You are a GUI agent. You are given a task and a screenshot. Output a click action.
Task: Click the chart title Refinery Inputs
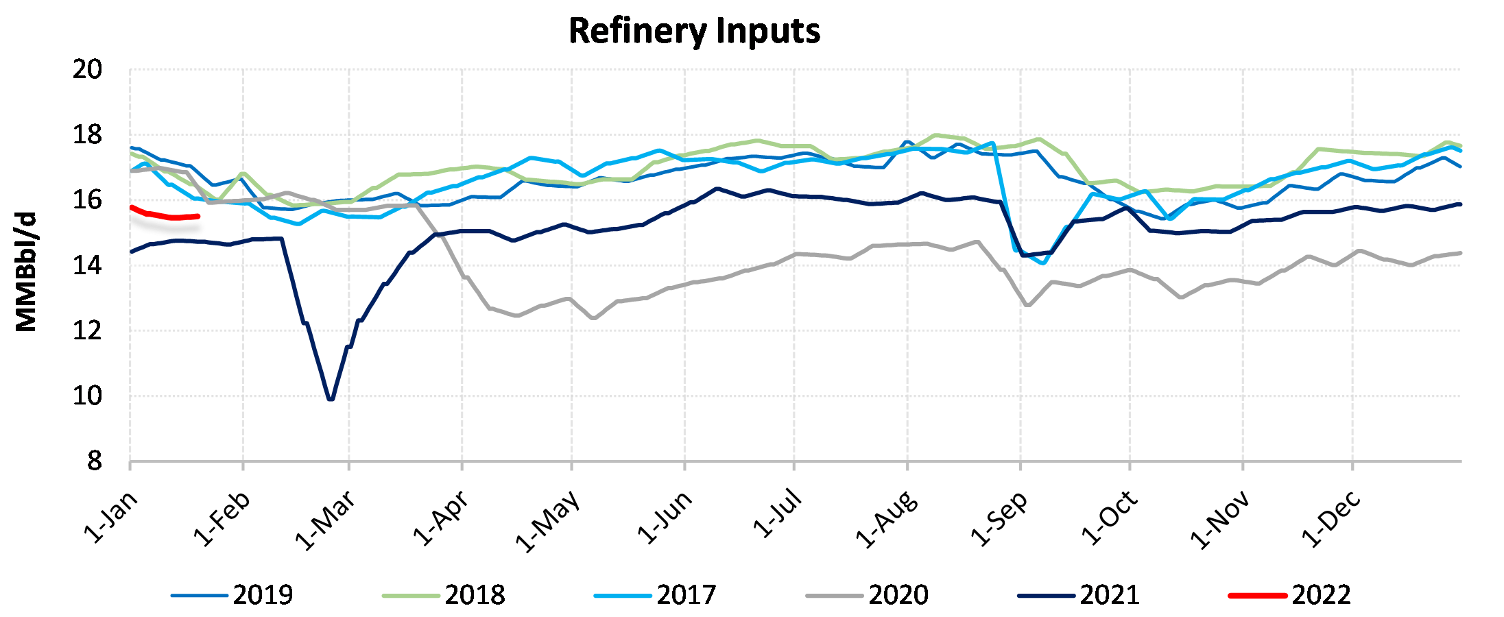(694, 32)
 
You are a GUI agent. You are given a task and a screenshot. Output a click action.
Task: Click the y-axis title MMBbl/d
(26, 272)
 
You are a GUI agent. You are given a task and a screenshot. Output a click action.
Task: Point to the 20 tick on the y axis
(87, 69)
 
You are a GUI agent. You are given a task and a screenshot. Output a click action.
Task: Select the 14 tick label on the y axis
(87, 265)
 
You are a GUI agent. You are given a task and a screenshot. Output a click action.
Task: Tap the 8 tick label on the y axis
(95, 461)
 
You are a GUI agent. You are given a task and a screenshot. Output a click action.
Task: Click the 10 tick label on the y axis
(87, 396)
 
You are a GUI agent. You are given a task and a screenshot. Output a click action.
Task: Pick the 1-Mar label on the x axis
(326, 520)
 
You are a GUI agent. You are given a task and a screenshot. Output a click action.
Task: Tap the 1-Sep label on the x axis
(999, 518)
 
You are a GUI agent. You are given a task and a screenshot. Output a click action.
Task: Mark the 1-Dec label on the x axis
(1330, 518)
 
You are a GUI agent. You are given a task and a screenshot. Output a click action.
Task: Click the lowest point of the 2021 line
(331, 399)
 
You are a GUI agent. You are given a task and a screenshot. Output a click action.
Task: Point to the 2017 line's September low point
(1043, 263)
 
